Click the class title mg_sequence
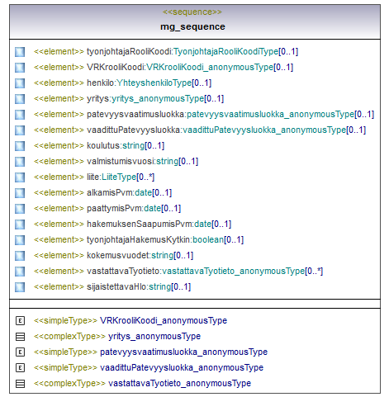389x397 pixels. click(x=192, y=26)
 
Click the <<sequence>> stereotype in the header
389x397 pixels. click(x=192, y=12)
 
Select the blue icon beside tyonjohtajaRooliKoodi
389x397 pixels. click(x=20, y=52)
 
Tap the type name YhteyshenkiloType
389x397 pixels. click(x=154, y=83)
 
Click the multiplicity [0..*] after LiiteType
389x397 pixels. click(x=145, y=177)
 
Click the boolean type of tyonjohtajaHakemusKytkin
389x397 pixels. click(x=208, y=239)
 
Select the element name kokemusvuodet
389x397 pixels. click(x=118, y=255)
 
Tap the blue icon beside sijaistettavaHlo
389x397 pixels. click(x=20, y=287)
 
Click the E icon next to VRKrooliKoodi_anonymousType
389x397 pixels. click(x=20, y=320)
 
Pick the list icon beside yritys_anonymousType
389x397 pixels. click(x=20, y=337)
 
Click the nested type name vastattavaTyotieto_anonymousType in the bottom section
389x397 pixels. click(x=179, y=383)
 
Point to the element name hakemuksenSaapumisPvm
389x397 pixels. click(x=140, y=224)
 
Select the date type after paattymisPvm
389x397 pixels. click(x=152, y=208)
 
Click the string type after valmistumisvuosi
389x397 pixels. click(x=168, y=161)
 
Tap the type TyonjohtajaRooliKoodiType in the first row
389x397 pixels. click(x=225, y=51)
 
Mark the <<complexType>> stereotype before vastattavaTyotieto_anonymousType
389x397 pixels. click(x=69, y=383)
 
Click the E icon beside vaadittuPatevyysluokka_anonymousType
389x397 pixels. click(x=20, y=367)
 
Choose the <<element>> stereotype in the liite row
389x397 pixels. click(x=59, y=177)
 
